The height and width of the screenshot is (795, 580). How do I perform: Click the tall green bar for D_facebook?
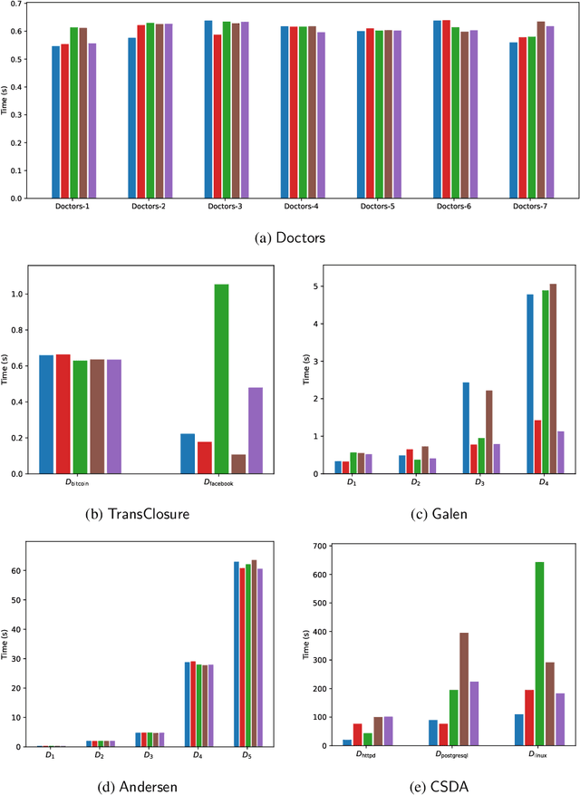click(221, 379)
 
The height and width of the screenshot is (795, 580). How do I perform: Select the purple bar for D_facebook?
click(256, 431)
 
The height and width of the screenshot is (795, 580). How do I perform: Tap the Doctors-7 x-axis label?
click(529, 208)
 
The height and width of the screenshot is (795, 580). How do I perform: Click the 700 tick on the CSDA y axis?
click(316, 546)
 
